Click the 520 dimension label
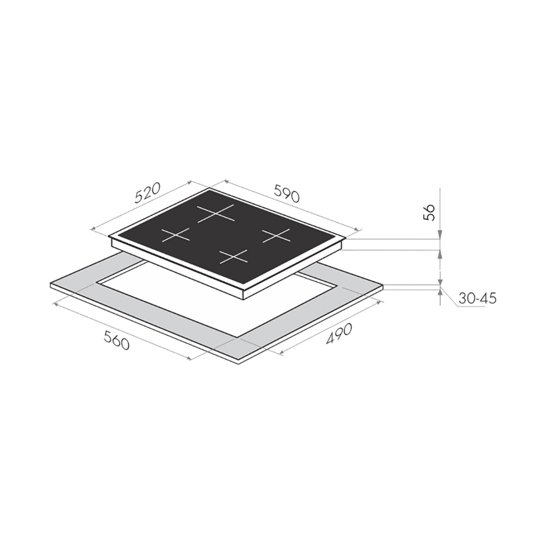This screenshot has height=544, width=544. click(148, 193)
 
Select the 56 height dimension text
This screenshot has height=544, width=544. click(429, 213)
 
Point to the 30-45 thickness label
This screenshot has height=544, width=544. click(478, 298)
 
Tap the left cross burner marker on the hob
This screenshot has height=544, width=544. click(176, 235)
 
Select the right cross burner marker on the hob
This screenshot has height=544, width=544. click(276, 236)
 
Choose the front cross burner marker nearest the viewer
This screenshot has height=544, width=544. click(234, 257)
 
